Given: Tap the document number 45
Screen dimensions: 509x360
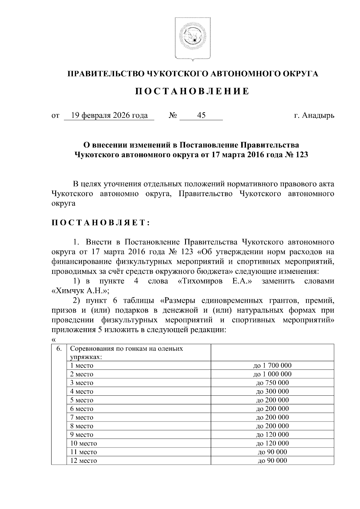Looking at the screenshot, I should tap(201, 115).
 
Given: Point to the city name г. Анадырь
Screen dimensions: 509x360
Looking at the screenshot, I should tap(314, 115).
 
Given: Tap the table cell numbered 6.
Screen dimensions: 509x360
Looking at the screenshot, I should tap(59, 348).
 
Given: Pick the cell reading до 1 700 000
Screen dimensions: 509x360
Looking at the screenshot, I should tap(272, 365).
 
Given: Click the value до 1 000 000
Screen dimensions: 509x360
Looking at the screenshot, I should tap(272, 374).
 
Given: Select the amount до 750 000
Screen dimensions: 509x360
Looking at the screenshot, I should tap(272, 383).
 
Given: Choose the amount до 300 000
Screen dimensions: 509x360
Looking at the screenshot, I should tap(272, 391).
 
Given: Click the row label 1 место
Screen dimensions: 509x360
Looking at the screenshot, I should tap(82, 366).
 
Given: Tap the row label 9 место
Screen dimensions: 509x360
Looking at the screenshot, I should tap(82, 435).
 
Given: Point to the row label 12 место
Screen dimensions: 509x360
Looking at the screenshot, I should tap(83, 461).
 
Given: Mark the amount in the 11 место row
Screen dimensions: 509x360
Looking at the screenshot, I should tap(272, 452).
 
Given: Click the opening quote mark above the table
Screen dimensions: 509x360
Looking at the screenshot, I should tap(54, 340).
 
